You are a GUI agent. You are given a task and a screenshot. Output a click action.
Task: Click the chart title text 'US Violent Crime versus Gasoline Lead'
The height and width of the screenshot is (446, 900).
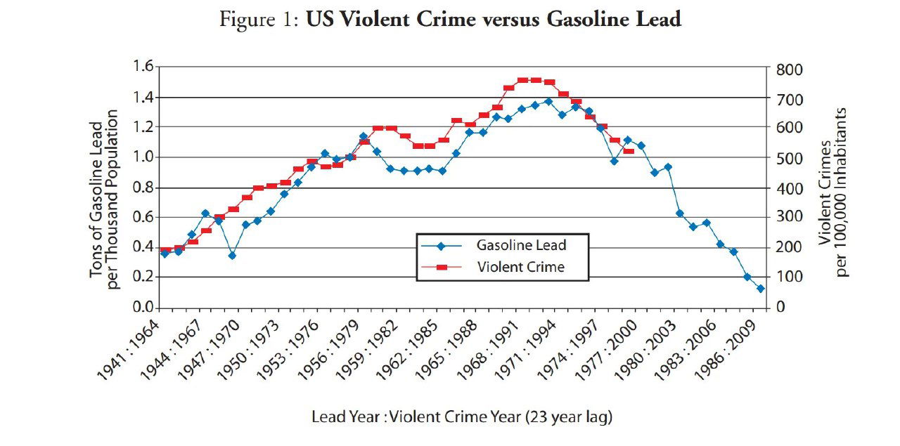pos(493,20)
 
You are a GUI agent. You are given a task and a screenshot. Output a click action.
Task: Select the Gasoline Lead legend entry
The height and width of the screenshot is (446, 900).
pos(521,246)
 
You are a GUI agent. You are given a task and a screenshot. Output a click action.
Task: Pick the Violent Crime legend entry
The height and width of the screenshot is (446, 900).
pos(520,267)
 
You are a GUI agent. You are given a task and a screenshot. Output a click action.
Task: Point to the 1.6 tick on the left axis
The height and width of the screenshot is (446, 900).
pos(142,67)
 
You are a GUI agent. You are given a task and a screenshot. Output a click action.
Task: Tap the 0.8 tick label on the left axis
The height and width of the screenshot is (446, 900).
pos(142,188)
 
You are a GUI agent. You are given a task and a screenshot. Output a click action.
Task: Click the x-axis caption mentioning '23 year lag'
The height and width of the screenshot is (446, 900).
pos(462,417)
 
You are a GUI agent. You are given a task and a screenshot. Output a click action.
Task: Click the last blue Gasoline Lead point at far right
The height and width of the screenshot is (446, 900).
pos(760,289)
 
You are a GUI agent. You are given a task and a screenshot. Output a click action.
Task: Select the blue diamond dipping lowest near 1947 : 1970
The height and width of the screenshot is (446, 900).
pos(232,256)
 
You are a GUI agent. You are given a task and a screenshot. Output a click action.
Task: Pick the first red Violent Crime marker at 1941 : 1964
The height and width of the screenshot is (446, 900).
pos(165,250)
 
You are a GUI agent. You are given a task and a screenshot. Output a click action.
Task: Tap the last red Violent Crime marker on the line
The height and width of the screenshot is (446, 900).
pos(629,151)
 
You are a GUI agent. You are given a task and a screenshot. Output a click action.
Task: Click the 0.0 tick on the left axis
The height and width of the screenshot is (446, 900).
pos(142,308)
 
